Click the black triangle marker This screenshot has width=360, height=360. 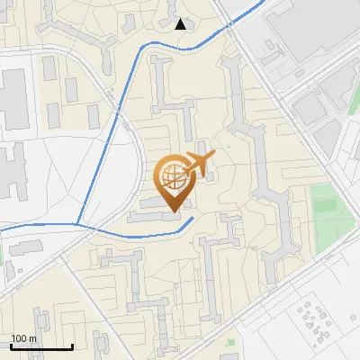(181, 24)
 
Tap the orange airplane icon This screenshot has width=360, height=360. (198, 164)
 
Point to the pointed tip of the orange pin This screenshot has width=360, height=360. (175, 212)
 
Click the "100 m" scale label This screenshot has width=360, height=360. (23, 338)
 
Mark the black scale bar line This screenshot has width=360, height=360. (41, 346)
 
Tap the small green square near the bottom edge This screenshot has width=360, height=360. (230, 342)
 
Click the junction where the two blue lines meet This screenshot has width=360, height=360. (78, 222)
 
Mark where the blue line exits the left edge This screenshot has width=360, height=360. (2, 230)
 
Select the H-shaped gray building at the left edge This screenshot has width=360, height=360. (11, 171)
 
